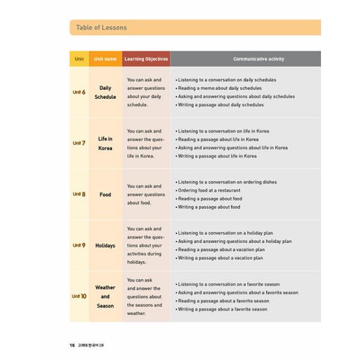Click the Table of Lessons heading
pos(101,28)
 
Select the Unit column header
pos(79,59)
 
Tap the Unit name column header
pos(105,59)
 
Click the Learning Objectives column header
pos(146,59)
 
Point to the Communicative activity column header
pos(259,59)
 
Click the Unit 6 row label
pos(79,92)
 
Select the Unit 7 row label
pos(79,143)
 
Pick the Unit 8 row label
pos(79,194)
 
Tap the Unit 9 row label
pos(79,245)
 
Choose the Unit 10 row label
pos(79,296)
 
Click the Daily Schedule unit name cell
pos(105,92)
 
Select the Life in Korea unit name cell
pos(105,143)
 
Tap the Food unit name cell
pos(105,194)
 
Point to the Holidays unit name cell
pos(105,245)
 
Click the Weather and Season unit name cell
pos(105,296)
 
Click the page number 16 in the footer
pos(72,345)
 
